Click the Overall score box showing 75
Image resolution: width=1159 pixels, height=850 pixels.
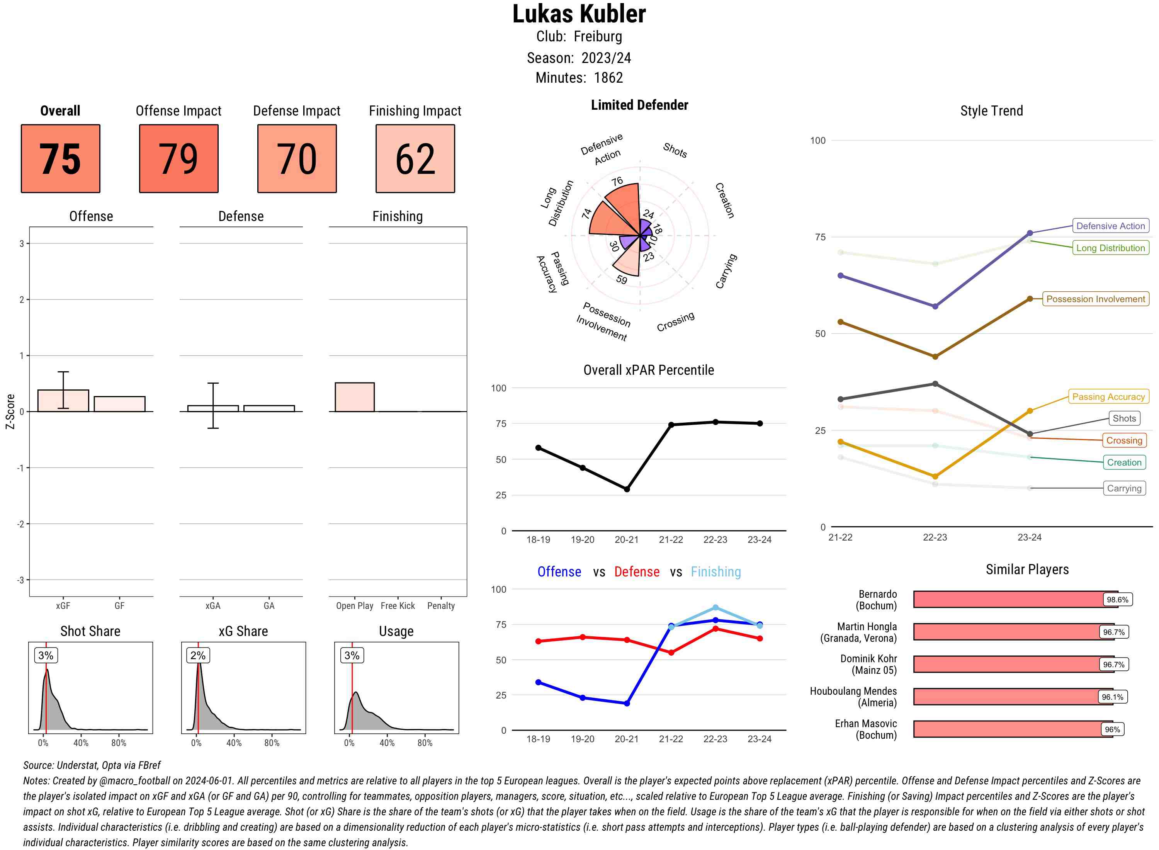(x=60, y=158)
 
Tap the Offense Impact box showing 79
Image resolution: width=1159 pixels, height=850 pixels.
(x=178, y=158)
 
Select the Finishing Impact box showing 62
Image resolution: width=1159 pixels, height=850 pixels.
(x=415, y=158)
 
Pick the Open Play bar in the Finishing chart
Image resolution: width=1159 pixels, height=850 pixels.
(x=354, y=397)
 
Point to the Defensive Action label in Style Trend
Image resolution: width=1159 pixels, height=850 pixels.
(x=1110, y=226)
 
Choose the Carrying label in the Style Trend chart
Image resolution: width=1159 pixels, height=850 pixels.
(x=1124, y=488)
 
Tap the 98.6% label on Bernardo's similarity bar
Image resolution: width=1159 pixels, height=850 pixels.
(x=1117, y=599)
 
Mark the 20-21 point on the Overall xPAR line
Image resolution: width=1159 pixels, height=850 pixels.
(x=627, y=489)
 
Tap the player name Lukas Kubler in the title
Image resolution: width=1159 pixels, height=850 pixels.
(x=579, y=14)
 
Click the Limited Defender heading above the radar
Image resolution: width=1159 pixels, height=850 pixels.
(x=639, y=105)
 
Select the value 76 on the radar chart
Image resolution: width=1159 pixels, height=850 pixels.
(x=617, y=181)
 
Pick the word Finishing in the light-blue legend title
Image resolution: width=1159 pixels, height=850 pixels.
(x=715, y=572)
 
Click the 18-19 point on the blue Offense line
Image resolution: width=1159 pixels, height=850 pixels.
(x=538, y=682)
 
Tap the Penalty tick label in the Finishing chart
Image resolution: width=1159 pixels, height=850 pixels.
(x=441, y=605)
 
